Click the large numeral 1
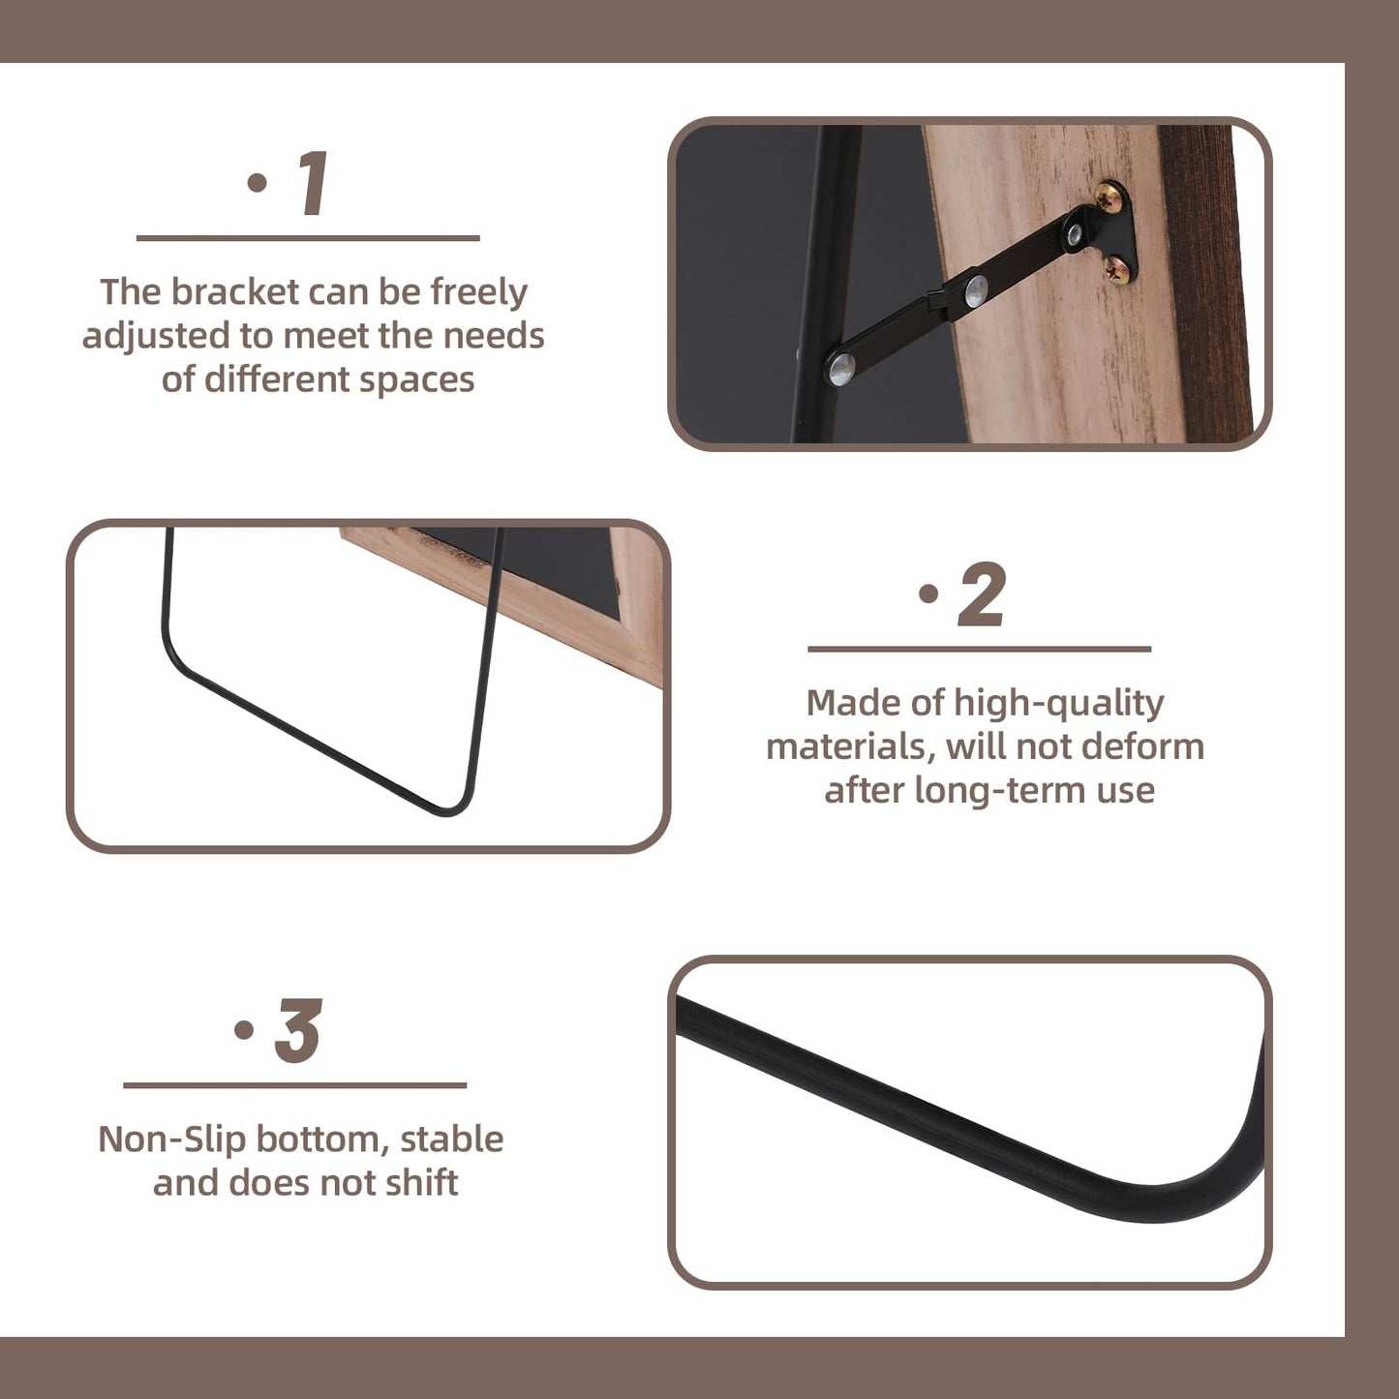pyautogui.click(x=315, y=183)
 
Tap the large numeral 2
pyautogui.click(x=982, y=593)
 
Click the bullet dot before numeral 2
pyautogui.click(x=928, y=593)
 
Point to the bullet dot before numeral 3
pyautogui.click(x=245, y=1029)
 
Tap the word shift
pyautogui.click(x=422, y=1183)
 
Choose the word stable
pyautogui.click(x=451, y=1140)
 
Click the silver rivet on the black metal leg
pyautogui.click(x=842, y=369)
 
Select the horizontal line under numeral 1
pyautogui.click(x=308, y=238)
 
